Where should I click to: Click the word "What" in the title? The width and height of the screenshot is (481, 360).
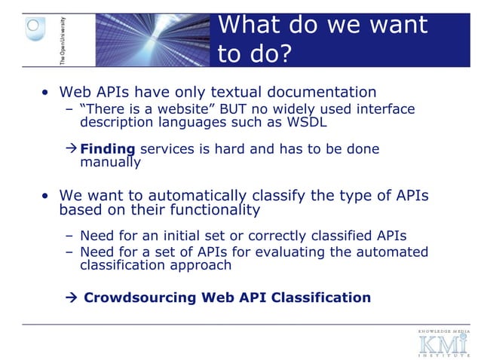point(250,25)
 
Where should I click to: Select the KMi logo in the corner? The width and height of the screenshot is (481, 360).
point(443,343)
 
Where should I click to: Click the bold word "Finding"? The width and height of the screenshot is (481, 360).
point(107,149)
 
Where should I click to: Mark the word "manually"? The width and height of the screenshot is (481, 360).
point(110,162)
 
